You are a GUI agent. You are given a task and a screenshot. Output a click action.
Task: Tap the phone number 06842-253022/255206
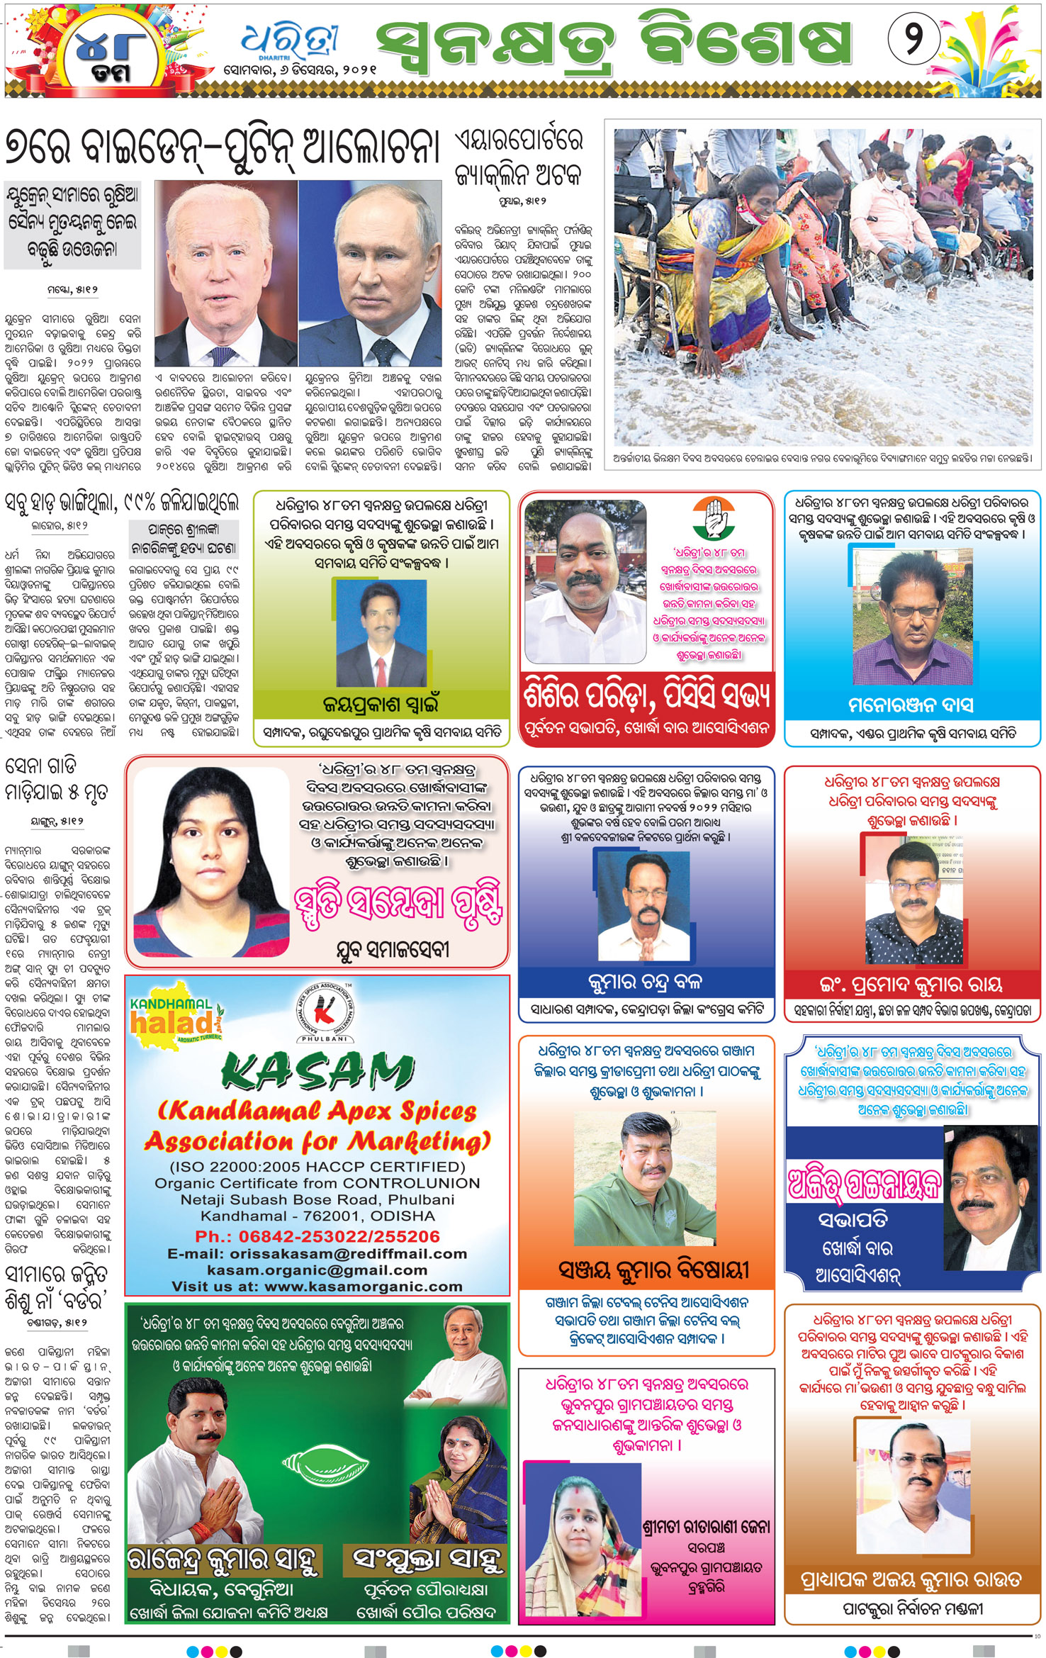click(x=317, y=1236)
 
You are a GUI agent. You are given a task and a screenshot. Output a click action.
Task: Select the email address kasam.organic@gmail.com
click(x=317, y=1270)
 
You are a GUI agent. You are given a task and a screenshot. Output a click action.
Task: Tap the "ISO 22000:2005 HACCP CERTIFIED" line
click(x=317, y=1167)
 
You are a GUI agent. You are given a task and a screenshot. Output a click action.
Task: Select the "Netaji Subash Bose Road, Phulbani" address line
click(x=317, y=1199)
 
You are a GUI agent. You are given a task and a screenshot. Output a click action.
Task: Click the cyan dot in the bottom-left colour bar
click(x=192, y=1651)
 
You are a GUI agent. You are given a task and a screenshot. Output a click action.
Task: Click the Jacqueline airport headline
click(x=519, y=157)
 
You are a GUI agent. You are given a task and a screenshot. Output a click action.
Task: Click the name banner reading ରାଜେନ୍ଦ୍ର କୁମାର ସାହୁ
click(x=224, y=1559)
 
